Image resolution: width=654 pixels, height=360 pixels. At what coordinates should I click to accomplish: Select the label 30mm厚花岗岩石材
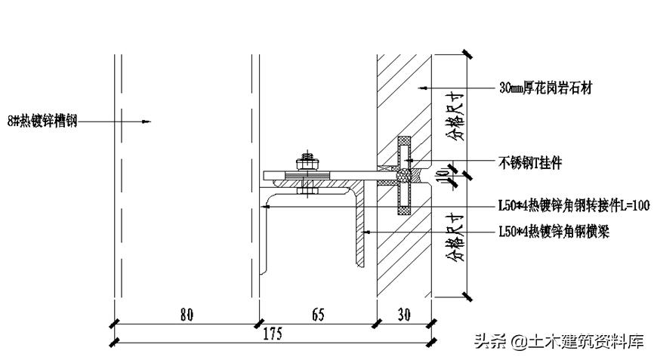coord(546,88)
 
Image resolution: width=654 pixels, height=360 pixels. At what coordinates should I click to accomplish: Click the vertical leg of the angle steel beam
coord(360,226)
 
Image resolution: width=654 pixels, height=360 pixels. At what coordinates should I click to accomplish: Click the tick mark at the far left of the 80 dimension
coord(113,323)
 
